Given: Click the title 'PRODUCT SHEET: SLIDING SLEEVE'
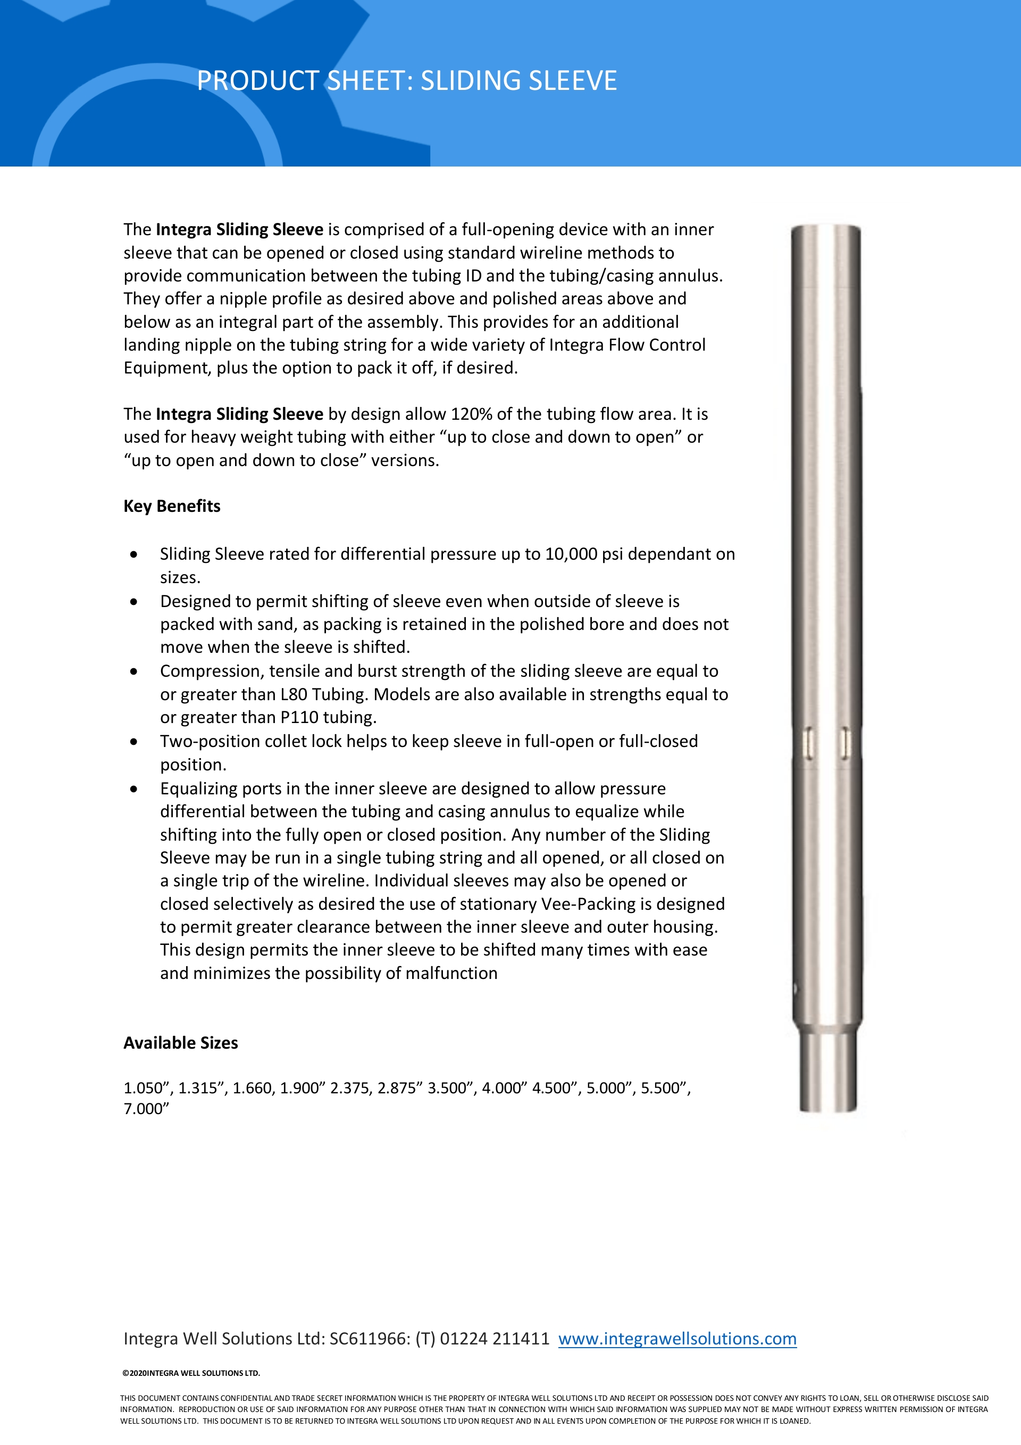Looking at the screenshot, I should pyautogui.click(x=406, y=80).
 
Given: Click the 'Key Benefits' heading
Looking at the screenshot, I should pyautogui.click(x=172, y=506).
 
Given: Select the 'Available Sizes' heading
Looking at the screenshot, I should pyautogui.click(x=181, y=1043).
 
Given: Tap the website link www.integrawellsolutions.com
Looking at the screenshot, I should pyautogui.click(x=677, y=1339).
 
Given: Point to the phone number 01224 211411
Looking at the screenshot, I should pyautogui.click(x=495, y=1339).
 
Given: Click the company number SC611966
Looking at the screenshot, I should pyautogui.click(x=369, y=1339).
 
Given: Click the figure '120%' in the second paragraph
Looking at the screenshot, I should pyautogui.click(x=471, y=414).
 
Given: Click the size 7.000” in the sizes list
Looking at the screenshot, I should pyautogui.click(x=146, y=1109).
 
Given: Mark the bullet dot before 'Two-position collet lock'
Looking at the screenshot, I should pyautogui.click(x=134, y=742).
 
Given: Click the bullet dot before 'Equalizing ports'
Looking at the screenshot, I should pyautogui.click(x=134, y=789).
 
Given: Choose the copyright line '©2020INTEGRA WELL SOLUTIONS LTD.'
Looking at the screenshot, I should pyautogui.click(x=190, y=1373).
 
